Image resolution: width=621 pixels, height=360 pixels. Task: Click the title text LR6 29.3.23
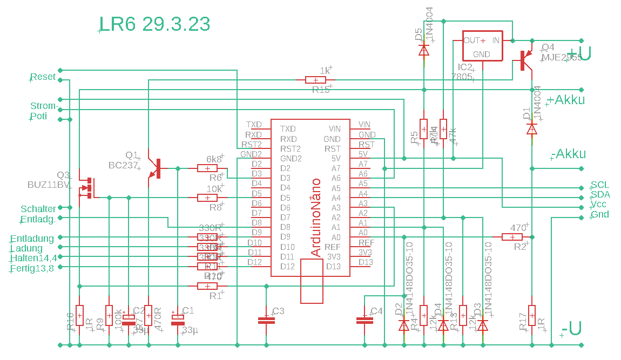154,24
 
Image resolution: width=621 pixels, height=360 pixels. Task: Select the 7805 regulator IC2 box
482,45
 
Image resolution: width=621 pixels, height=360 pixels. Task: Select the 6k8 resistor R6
207,168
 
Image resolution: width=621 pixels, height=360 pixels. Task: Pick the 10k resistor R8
207,198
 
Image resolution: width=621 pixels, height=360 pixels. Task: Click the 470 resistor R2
512,237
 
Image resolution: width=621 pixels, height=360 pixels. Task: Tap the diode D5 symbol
424,50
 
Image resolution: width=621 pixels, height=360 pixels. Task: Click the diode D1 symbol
532,128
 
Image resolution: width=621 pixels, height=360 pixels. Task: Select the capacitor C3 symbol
266,320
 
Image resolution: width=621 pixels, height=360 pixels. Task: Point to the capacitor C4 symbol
364,320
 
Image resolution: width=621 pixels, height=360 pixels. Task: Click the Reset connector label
43,77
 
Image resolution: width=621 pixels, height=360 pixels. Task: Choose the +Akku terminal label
566,100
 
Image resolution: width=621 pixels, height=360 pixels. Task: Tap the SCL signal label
599,185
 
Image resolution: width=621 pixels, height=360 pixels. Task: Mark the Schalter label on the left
38,209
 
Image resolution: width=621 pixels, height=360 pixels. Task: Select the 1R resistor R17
532,315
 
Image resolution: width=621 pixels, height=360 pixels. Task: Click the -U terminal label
571,328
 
